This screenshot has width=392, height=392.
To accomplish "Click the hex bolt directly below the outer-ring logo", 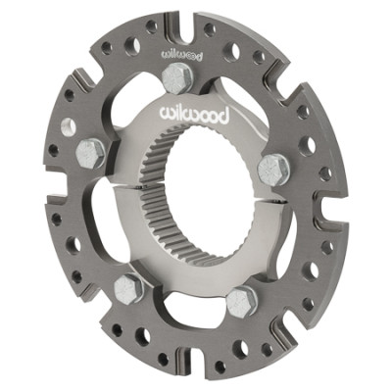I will click(x=177, y=77).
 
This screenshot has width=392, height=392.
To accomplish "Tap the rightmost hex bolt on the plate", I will click(x=274, y=171).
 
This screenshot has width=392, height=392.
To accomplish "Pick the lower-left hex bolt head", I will click(x=128, y=289).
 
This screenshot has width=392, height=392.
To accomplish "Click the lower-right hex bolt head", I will click(x=241, y=301).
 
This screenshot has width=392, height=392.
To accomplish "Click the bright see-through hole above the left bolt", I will click(x=68, y=126).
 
